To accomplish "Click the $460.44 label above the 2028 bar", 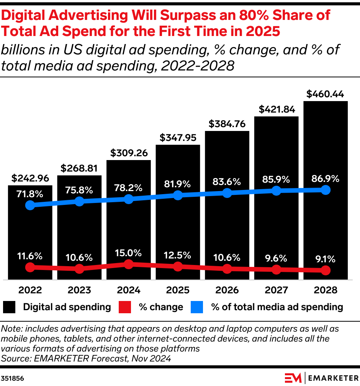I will tap(326, 94).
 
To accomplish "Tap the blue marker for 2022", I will tap(30, 205).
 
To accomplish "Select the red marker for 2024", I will tap(129, 264).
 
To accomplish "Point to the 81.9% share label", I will tap(177, 184).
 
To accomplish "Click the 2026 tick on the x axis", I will tap(227, 290).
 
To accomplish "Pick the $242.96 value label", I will tap(30, 178).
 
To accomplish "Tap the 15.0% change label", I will tap(129, 253).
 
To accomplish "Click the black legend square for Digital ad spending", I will tap(10, 307).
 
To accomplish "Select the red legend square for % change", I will tap(125, 307).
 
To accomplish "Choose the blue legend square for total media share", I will tap(197, 307).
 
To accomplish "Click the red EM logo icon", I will tap(293, 378).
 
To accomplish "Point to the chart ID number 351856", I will tap(12, 378).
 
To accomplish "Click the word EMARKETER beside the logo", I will tap(332, 378).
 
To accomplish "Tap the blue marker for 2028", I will tap(326, 190).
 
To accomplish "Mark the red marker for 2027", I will tap(276, 270).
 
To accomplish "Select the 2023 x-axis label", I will tap(79, 290).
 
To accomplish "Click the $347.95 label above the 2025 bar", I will tap(178, 137).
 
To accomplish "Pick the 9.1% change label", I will tap(326, 259).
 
